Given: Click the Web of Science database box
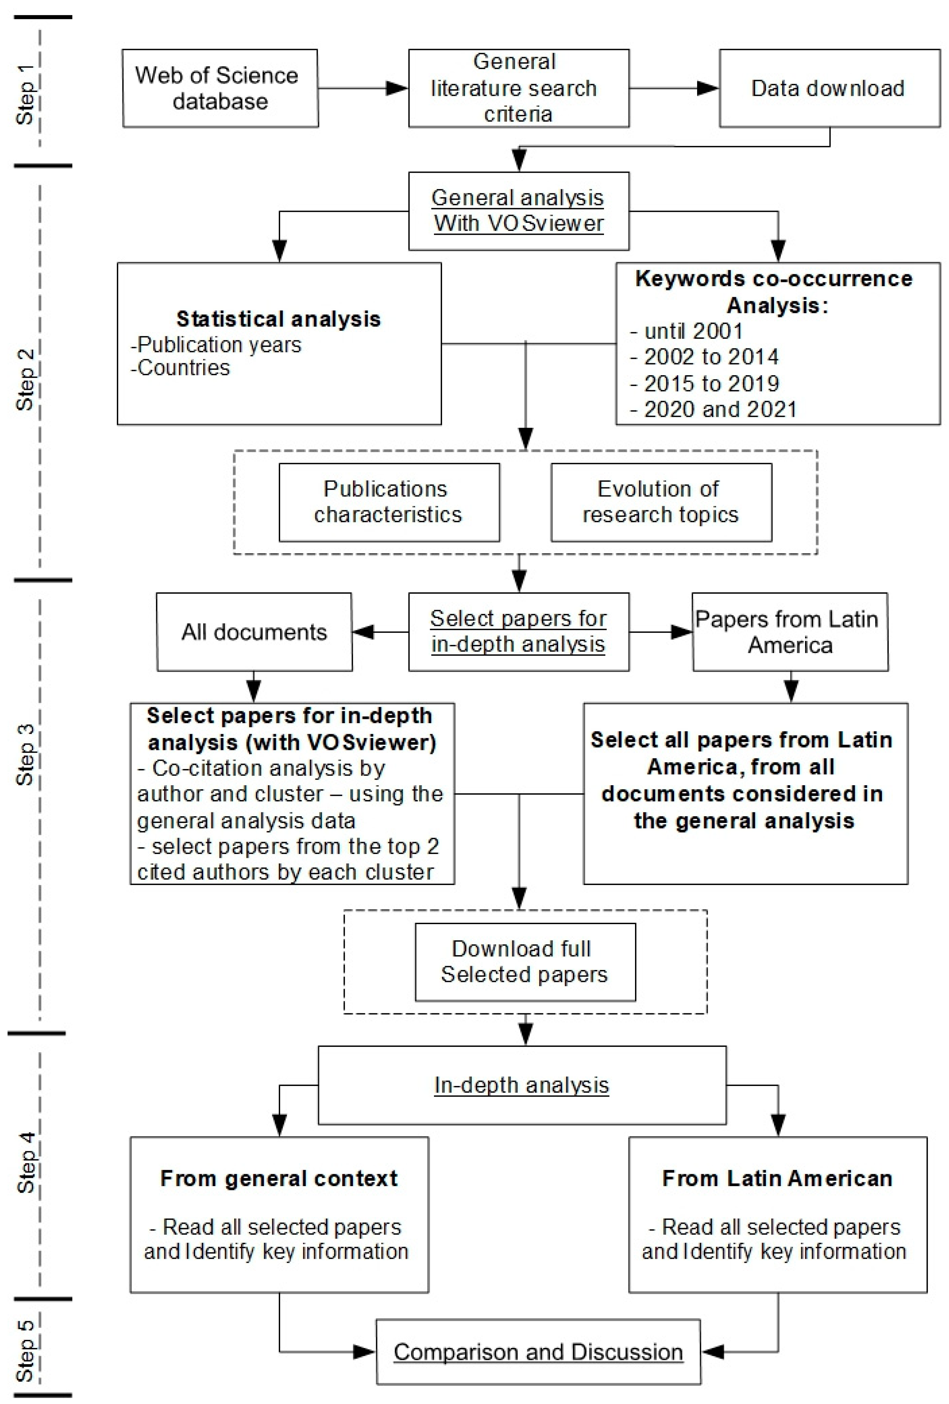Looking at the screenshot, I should [x=220, y=88].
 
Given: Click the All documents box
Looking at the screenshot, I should [x=254, y=632].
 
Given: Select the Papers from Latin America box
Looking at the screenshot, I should [x=790, y=632].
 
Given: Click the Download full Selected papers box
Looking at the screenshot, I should [x=525, y=962].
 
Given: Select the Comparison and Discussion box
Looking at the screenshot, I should [x=538, y=1352].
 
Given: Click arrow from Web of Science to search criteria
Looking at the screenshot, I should [x=363, y=88].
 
